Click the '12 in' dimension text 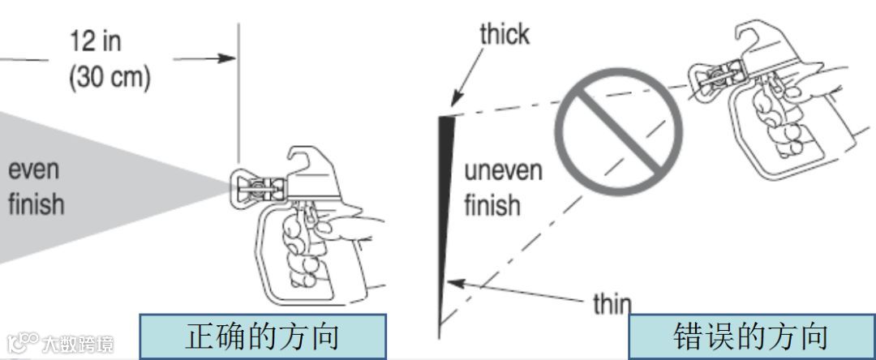coord(95,41)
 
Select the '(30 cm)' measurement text coord(109,79)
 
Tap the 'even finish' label coord(36,187)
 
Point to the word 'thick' coord(504,35)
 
